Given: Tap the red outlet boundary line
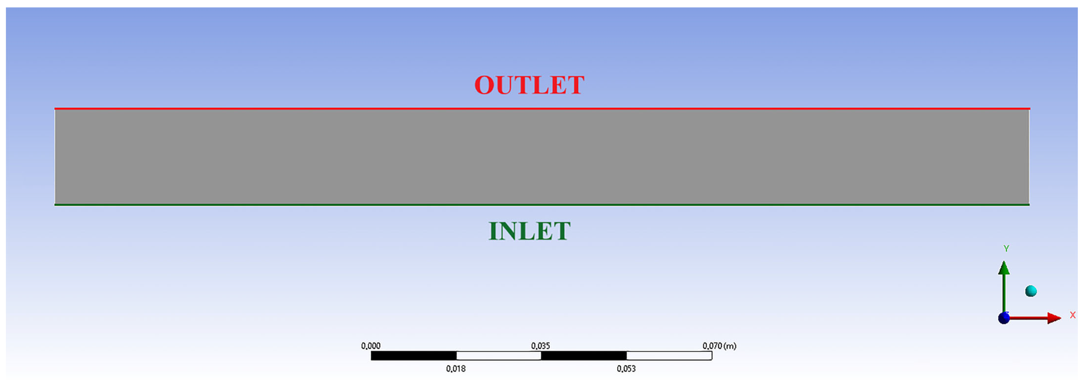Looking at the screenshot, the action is [x=542, y=109].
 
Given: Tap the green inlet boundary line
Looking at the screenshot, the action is [x=542, y=205].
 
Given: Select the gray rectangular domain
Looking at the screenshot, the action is [x=542, y=157].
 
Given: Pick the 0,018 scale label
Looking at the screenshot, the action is [x=456, y=369].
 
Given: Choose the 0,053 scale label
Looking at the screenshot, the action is [x=626, y=369].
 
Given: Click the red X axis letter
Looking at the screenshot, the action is [x=1073, y=315].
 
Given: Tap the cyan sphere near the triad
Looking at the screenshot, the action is [x=1031, y=291].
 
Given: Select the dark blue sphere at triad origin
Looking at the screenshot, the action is [x=1004, y=318].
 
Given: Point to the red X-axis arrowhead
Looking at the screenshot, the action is [x=1054, y=318].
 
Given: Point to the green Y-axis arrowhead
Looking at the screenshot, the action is [x=1004, y=268].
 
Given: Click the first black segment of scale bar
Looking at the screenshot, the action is [x=414, y=356].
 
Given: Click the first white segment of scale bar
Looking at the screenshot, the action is [x=499, y=356].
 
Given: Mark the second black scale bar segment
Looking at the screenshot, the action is [x=584, y=356].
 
